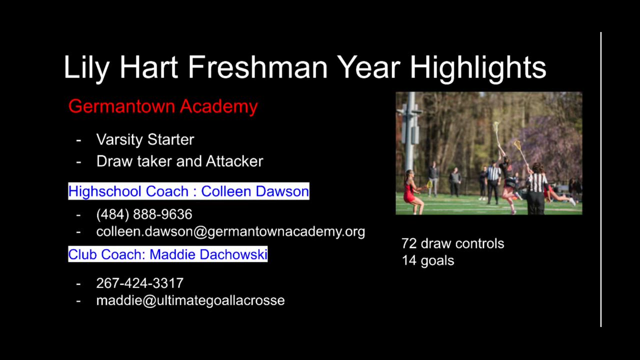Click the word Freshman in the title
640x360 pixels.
click(x=257, y=67)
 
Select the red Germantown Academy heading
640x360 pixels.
click(x=163, y=106)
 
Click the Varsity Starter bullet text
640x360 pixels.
click(x=145, y=139)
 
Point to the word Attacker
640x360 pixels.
click(x=234, y=161)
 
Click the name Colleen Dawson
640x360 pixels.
click(x=255, y=191)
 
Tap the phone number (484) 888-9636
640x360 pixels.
click(x=144, y=214)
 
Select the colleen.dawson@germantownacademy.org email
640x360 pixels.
click(x=230, y=231)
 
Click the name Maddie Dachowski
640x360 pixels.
click(x=208, y=254)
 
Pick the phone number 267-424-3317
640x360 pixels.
click(x=139, y=283)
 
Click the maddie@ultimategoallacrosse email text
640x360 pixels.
click(x=190, y=300)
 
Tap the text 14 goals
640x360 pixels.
click(x=427, y=261)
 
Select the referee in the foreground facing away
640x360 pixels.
click(x=536, y=188)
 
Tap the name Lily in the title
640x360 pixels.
click(x=86, y=68)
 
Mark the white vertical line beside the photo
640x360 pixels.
click(x=601, y=179)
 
